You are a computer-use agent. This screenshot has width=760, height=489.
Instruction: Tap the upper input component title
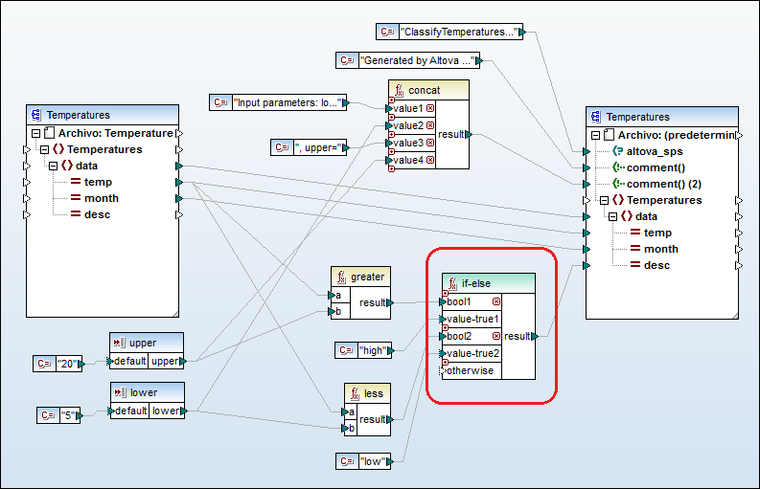(143, 343)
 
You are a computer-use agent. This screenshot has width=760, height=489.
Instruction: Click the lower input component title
(143, 392)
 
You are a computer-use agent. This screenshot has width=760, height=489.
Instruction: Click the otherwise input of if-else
(471, 370)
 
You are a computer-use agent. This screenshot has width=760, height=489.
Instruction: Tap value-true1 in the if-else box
(472, 319)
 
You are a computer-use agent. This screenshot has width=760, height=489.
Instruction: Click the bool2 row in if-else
(466, 336)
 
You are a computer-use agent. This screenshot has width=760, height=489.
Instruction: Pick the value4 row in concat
(408, 159)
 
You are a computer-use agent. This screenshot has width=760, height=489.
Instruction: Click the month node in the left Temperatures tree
(102, 198)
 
